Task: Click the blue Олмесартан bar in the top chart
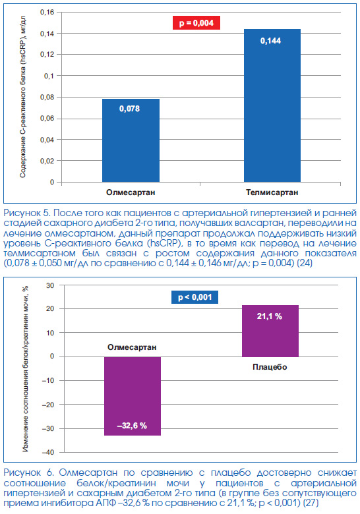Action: point(131,140)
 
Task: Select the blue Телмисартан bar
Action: point(272,105)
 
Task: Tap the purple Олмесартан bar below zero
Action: point(133,396)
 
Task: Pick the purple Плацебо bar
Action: point(270,331)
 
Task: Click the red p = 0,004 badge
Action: point(196,23)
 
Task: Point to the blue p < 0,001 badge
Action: point(195,297)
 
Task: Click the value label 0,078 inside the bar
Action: point(129,109)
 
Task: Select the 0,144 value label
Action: point(270,41)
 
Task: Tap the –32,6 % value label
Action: point(132,426)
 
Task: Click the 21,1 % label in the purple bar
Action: point(270,316)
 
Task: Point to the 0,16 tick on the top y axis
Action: point(47,12)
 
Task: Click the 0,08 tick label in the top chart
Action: point(47,97)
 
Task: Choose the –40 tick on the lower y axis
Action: point(49,452)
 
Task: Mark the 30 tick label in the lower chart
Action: point(50,285)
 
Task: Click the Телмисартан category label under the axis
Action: point(272,192)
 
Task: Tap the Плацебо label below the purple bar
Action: point(270,367)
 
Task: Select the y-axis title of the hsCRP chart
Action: point(22,96)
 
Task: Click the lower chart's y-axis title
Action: point(25,369)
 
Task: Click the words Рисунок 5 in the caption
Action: point(26,213)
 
